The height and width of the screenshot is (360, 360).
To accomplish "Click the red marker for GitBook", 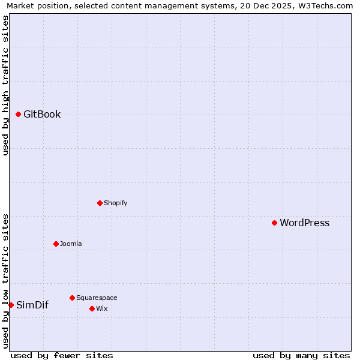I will pos(18,115).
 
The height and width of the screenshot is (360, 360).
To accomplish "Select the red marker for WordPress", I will pos(274,223).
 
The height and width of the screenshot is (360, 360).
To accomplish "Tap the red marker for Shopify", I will pos(100,203).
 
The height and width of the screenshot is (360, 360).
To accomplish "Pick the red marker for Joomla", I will pos(56,244).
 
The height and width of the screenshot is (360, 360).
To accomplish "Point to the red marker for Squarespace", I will pos(72,298).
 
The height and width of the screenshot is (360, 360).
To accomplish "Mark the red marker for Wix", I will pos(92,308).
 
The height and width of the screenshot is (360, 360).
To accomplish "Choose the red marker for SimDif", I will pos(11,305).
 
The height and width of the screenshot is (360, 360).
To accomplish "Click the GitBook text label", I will pos(42,115).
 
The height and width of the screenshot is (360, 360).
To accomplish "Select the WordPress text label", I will pos(304,223).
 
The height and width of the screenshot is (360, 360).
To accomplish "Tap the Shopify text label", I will pos(115,203).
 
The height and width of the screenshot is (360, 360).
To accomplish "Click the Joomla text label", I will pos(71,244).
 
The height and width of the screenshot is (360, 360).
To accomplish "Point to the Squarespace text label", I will pos(97,298).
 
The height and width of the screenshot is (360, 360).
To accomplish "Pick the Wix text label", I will pos(101,308).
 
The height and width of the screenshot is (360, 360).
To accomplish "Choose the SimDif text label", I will pos(32,305).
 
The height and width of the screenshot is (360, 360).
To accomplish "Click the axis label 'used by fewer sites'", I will pos(62,355).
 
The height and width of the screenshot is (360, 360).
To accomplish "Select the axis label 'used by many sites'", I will pos(301,355).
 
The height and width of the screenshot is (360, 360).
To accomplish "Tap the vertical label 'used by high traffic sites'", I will pos(5,85).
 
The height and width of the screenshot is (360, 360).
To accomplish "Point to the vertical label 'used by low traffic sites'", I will pos(5,281).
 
